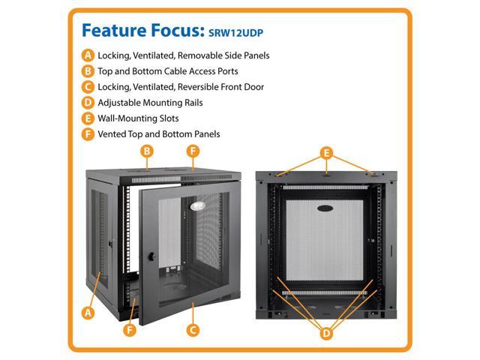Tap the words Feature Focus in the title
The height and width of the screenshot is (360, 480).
click(139, 31)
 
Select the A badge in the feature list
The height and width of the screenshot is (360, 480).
click(89, 55)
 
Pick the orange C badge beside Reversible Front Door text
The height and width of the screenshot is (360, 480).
click(89, 87)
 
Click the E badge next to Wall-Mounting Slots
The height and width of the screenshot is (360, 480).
click(89, 118)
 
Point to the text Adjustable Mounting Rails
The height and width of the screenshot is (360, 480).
click(150, 103)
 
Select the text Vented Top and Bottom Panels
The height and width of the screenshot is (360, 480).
click(159, 134)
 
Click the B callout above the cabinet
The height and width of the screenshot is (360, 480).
click(148, 151)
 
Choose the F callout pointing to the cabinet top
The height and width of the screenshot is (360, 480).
click(193, 151)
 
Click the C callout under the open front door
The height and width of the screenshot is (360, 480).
click(193, 329)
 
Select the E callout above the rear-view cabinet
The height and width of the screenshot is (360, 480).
click(325, 152)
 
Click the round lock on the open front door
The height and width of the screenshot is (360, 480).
click(150, 256)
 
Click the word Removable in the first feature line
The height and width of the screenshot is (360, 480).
click(216, 55)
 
